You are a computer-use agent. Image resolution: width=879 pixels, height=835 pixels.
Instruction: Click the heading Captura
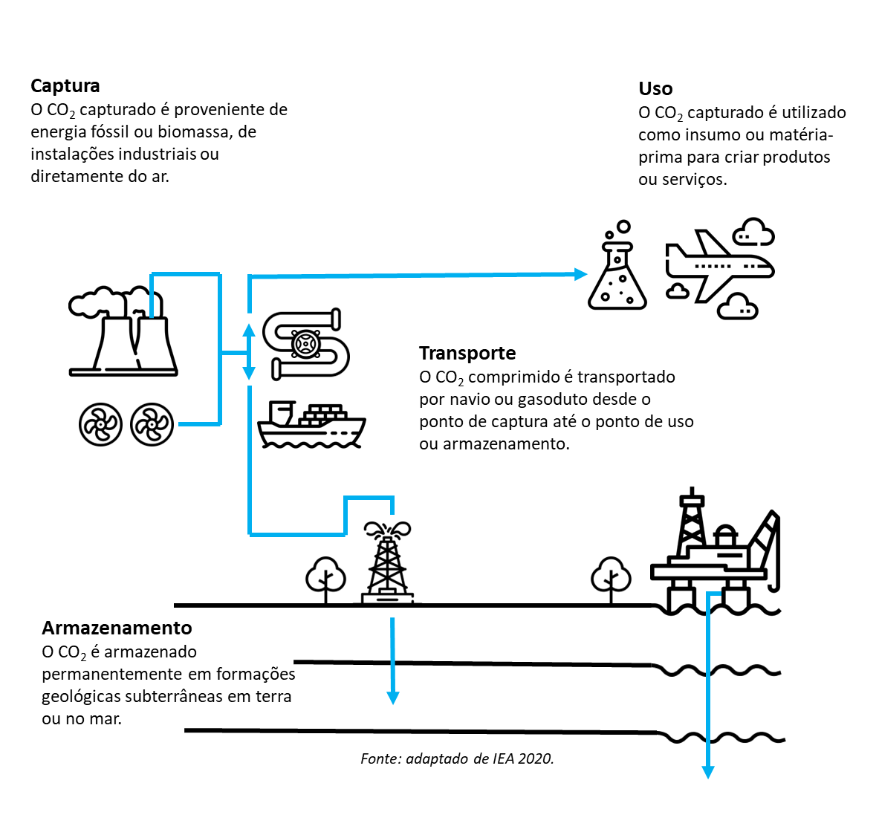(65, 86)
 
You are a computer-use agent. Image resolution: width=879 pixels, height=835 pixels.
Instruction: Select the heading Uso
(655, 89)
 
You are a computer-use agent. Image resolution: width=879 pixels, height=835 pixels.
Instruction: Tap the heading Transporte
(467, 354)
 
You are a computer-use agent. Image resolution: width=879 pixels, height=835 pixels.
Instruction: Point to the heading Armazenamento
(117, 628)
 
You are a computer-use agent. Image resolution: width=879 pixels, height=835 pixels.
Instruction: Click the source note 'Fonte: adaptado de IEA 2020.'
(457, 758)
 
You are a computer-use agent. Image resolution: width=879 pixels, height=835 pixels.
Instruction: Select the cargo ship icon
(311, 426)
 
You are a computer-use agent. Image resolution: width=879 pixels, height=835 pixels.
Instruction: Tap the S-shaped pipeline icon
(306, 344)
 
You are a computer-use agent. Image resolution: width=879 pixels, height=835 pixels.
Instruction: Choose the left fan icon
(100, 425)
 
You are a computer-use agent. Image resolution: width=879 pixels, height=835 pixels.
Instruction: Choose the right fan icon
(152, 425)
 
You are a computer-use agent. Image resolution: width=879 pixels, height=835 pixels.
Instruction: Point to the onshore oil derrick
(387, 562)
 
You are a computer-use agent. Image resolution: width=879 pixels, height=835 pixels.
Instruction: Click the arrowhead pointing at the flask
(581, 274)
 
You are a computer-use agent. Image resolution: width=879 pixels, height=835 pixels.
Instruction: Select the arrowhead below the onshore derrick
(393, 698)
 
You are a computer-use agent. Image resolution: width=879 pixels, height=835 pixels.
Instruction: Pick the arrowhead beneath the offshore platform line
(708, 772)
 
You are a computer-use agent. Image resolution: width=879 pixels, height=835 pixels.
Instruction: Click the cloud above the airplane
(753, 233)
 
